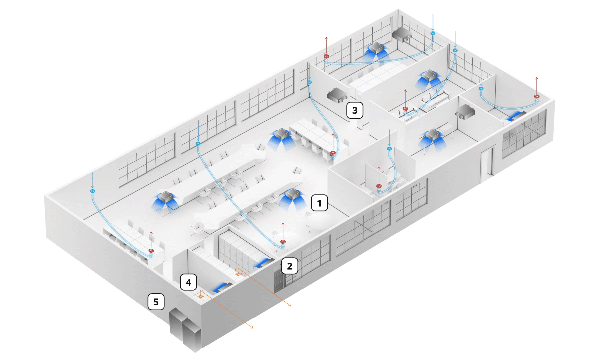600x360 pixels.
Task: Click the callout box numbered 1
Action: (320, 202)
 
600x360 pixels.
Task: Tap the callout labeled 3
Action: (355, 110)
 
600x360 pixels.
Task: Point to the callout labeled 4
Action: (188, 282)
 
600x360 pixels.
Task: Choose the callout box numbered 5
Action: (156, 302)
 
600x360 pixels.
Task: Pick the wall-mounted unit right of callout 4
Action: (222, 287)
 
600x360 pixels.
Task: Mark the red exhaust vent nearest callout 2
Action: (283, 243)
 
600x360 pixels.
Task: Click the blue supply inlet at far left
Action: (92, 190)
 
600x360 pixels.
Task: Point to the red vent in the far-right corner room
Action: (537, 96)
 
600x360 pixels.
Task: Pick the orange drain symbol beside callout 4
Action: (201, 295)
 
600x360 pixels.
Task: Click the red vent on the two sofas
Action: (405, 108)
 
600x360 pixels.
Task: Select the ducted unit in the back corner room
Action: (402, 33)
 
